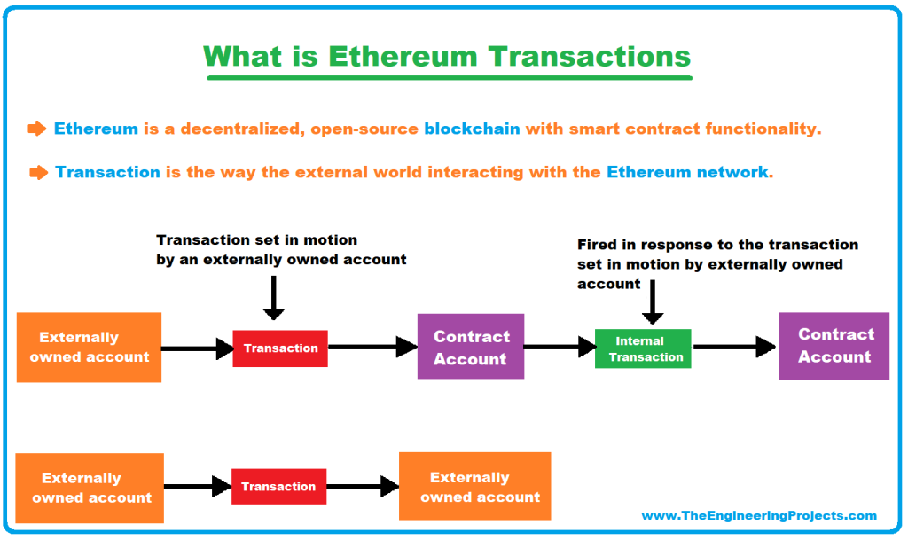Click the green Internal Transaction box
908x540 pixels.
(643, 348)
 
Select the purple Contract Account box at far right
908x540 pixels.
(834, 346)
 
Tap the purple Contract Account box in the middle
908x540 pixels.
(470, 348)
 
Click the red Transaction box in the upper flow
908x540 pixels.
(280, 348)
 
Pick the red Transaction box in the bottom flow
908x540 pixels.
(278, 487)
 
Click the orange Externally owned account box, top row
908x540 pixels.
(89, 347)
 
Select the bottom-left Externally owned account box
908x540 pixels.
(90, 488)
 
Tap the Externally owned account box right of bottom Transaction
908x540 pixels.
(474, 487)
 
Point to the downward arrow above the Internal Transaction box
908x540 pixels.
(653, 301)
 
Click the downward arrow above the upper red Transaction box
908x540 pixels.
(274, 296)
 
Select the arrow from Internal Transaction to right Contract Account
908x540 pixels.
(734, 348)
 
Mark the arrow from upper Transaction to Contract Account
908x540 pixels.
(372, 348)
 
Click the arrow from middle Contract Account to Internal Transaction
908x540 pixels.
(559, 348)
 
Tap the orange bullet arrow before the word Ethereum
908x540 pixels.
(36, 129)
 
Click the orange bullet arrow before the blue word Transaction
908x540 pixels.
(38, 172)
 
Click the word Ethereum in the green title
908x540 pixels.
(403, 56)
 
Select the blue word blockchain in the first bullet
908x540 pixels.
(472, 129)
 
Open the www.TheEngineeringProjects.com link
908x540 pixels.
(758, 515)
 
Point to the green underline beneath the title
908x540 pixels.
(449, 78)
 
